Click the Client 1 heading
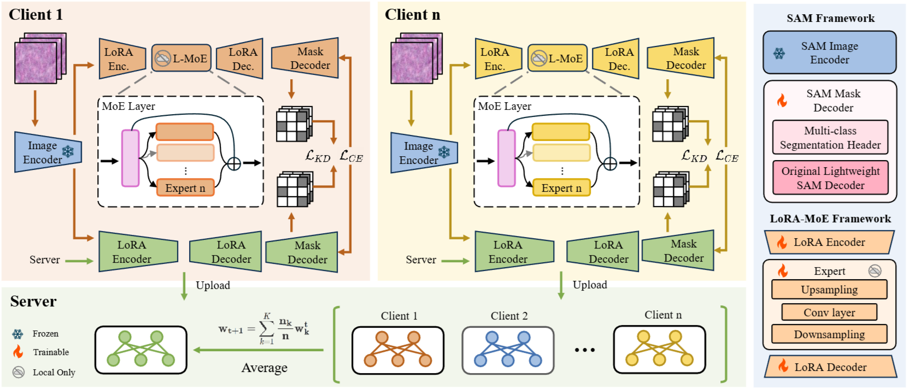click(36, 15)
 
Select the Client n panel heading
click(412, 15)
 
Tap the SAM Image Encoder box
click(829, 53)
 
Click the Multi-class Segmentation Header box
click(830, 138)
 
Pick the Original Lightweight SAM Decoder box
click(830, 178)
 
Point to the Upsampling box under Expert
click(829, 289)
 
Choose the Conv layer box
click(829, 312)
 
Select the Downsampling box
click(829, 334)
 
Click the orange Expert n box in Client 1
click(185, 188)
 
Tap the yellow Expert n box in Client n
click(561, 188)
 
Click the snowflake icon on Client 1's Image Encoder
click(68, 151)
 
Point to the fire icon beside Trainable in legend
click(18, 352)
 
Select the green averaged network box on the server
click(140, 350)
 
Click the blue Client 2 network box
click(508, 350)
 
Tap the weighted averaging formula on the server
click(264, 328)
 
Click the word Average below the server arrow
click(264, 368)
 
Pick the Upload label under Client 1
click(213, 285)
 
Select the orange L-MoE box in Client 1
click(181, 58)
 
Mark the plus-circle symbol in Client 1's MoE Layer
click(234, 163)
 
